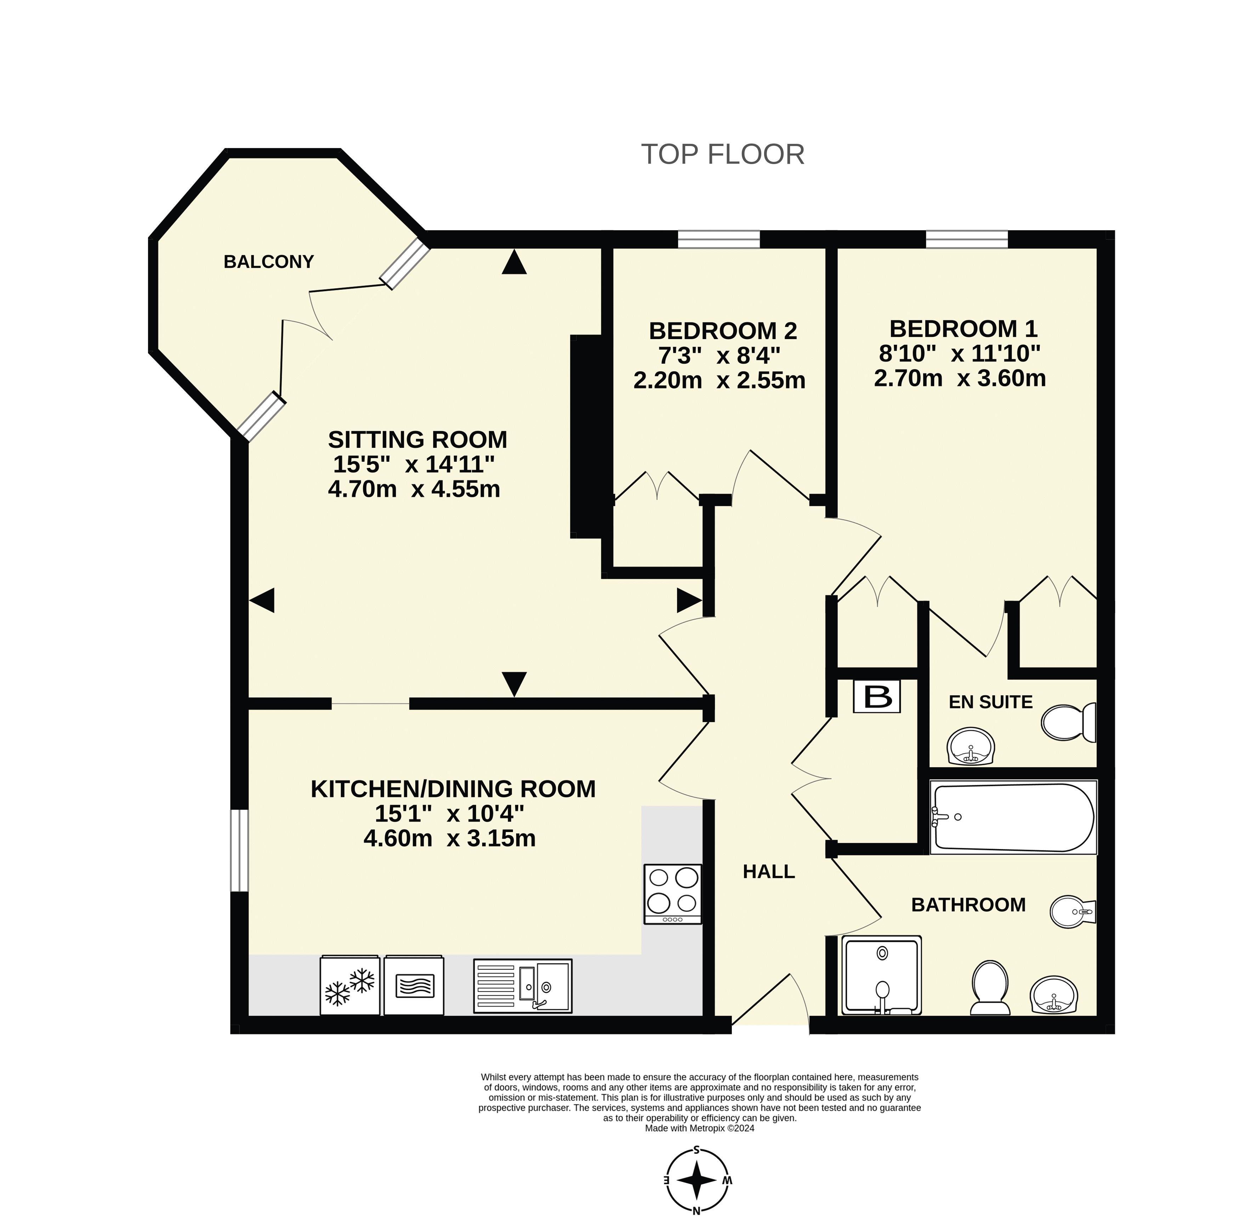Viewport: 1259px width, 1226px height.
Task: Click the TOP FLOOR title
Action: click(722, 154)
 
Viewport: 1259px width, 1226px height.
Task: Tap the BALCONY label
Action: click(269, 261)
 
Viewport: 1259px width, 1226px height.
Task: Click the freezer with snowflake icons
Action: click(350, 985)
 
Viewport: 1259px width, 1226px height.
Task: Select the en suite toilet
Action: click(1068, 722)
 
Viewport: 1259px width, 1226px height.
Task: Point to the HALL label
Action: click(768, 872)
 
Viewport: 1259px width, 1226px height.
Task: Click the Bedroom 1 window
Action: click(967, 239)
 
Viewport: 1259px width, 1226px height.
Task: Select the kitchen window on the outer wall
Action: click(239, 850)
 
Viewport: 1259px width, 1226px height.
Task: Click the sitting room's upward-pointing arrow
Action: click(514, 262)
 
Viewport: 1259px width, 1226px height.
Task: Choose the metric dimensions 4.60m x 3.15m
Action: click(449, 838)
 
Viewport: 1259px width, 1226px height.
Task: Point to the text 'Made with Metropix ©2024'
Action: click(700, 1128)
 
